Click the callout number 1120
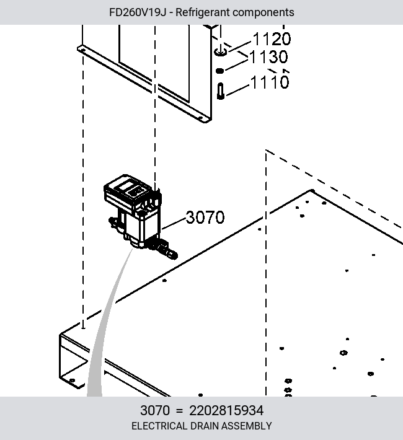tap(272, 39)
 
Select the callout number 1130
tap(268, 57)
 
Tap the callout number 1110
tap(269, 82)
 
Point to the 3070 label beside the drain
tap(205, 217)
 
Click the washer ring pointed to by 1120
tap(221, 52)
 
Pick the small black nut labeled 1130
tap(219, 71)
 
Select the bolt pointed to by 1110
tap(221, 91)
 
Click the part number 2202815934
tap(226, 410)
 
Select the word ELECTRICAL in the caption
tap(159, 426)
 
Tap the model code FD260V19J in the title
tap(137, 12)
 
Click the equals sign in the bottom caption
tap(179, 411)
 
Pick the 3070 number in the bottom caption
tap(155, 410)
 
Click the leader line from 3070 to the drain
tap(174, 224)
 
